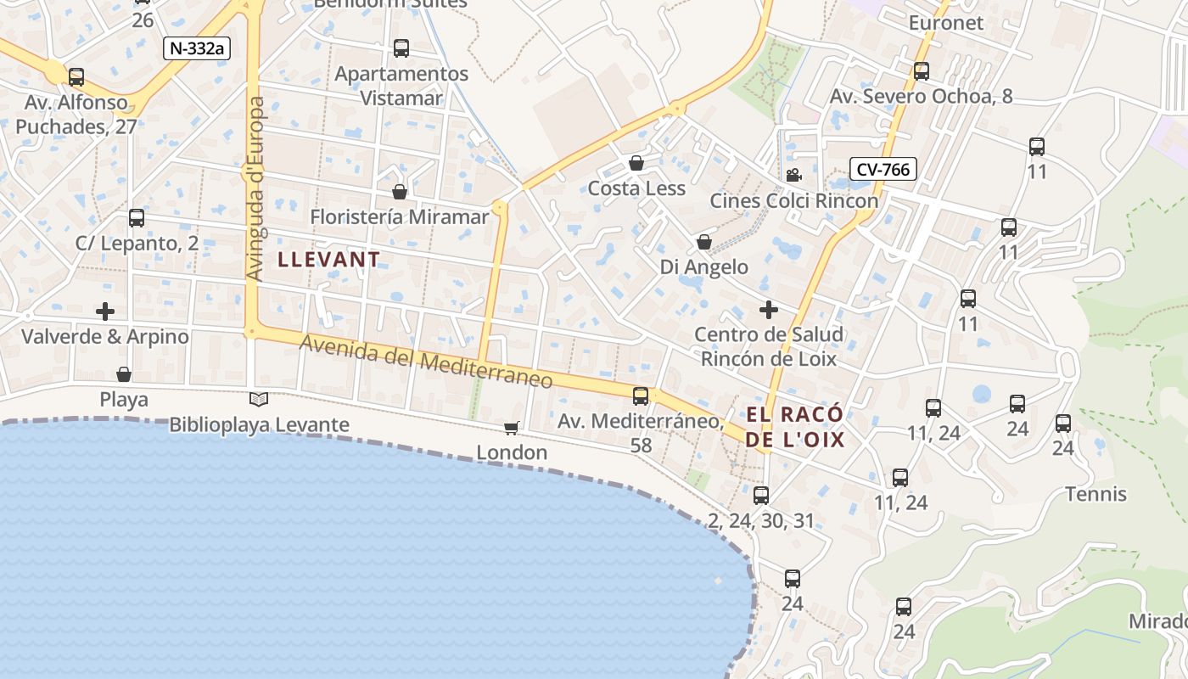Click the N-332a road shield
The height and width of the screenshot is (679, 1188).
pos(197,48)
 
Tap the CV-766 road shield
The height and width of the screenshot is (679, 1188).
pos(883,169)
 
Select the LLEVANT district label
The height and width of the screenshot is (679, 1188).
pos(329,260)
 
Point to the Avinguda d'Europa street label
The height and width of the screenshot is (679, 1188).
pos(255,188)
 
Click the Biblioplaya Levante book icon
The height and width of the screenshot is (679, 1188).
pos(259,399)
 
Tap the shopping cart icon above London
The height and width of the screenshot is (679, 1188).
pos(511,428)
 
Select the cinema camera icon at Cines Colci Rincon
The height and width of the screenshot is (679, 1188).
pos(793,176)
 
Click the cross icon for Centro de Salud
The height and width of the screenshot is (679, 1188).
pos(769,310)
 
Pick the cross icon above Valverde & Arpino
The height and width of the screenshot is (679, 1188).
pos(105,311)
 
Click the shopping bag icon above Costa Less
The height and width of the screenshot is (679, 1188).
pos(636,163)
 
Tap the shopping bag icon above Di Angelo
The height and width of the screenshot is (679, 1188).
pos(703,243)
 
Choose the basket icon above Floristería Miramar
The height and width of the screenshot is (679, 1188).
pos(400,192)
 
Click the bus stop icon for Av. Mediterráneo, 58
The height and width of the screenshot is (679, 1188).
pos(641,396)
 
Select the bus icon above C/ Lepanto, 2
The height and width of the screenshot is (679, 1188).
pos(137,218)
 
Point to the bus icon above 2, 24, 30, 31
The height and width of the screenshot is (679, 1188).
pos(761,496)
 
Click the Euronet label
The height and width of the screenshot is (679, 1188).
pos(946,23)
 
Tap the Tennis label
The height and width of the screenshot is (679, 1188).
pos(1096,494)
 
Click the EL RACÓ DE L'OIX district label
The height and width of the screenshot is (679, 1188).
pos(796,427)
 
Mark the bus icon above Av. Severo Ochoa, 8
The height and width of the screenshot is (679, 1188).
pos(922,71)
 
